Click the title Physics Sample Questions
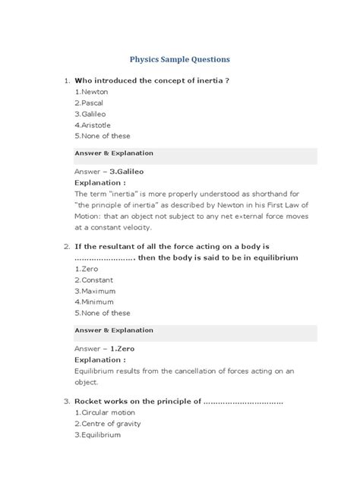(180, 58)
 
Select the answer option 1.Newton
(91, 90)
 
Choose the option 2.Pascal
(90, 102)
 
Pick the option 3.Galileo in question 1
(91, 113)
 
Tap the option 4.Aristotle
(93, 125)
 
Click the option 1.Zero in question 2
(87, 269)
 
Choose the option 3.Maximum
(95, 291)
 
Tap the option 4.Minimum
(94, 302)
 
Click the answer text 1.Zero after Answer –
(122, 349)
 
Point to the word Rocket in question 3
(91, 400)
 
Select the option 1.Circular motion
(106, 412)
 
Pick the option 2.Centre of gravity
(109, 423)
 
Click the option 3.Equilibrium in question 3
(98, 434)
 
